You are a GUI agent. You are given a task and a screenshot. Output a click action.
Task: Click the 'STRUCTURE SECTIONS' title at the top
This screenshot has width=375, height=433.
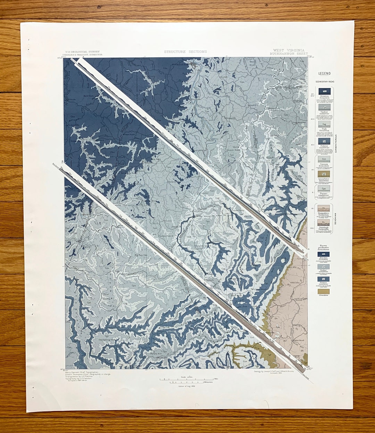[185, 52]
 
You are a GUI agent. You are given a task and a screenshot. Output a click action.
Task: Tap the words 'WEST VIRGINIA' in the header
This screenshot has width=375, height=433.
[289, 50]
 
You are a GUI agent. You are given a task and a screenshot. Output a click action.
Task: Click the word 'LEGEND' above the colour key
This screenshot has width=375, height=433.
[324, 74]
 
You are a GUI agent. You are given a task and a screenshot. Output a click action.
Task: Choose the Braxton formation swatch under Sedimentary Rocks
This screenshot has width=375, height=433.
[324, 91]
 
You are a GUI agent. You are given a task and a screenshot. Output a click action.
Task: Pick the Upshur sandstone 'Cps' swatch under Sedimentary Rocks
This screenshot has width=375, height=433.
[324, 108]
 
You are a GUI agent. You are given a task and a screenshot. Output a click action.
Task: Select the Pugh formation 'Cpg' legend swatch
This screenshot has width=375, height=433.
[324, 123]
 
